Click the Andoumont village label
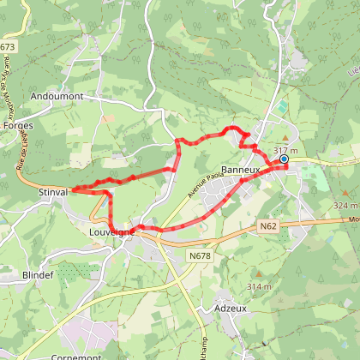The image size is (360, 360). (57, 97)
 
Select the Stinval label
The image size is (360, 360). (52, 193)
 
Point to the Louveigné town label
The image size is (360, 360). (111, 231)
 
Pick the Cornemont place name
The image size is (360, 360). (77, 356)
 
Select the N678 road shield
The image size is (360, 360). (200, 255)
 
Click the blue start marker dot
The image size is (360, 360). (284, 159)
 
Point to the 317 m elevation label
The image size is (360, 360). (285, 150)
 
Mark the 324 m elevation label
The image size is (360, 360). (346, 206)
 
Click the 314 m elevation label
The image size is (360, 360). (258, 285)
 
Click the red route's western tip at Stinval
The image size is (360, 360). (73, 190)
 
